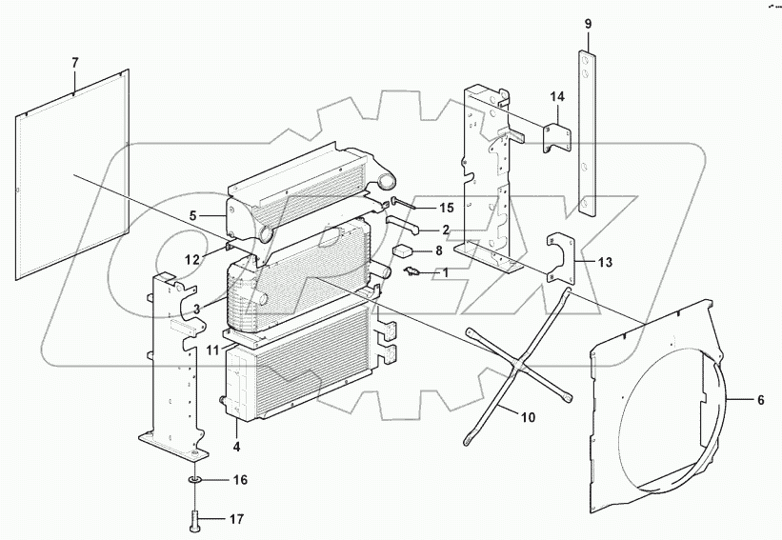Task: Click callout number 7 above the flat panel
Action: click(x=75, y=63)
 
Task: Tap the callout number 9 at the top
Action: click(x=588, y=24)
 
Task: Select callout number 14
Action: click(x=557, y=97)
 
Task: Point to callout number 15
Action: click(x=447, y=207)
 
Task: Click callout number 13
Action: click(x=605, y=261)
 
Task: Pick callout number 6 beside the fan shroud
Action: click(x=760, y=400)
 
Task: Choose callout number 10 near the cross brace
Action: click(x=528, y=416)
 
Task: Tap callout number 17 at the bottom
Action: click(x=237, y=519)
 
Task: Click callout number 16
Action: click(x=240, y=480)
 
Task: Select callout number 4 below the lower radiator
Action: click(x=236, y=447)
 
